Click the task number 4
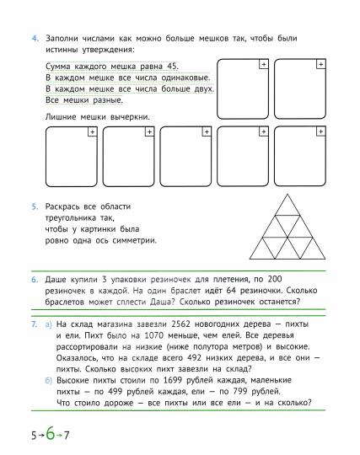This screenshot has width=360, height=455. click(x=35, y=39)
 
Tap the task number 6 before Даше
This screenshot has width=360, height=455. click(x=35, y=278)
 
